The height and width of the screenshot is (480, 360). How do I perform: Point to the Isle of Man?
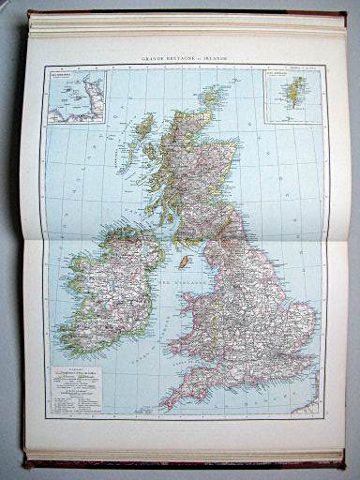click(x=187, y=260)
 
